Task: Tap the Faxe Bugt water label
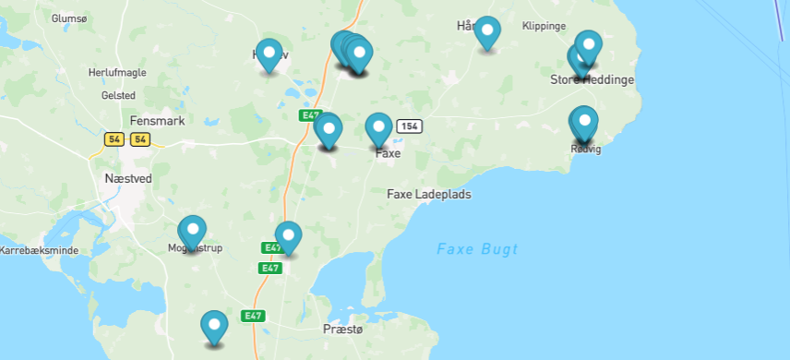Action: (477, 249)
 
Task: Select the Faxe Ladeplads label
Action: (428, 195)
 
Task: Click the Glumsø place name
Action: (68, 18)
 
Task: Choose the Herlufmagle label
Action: (117, 72)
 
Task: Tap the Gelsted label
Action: (118, 95)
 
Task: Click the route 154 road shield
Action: (409, 126)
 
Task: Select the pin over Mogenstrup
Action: (192, 230)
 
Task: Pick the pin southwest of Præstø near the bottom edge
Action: (214, 326)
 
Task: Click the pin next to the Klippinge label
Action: (487, 32)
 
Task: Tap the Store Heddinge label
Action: (592, 80)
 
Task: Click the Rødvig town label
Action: (586, 150)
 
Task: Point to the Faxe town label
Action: (388, 154)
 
